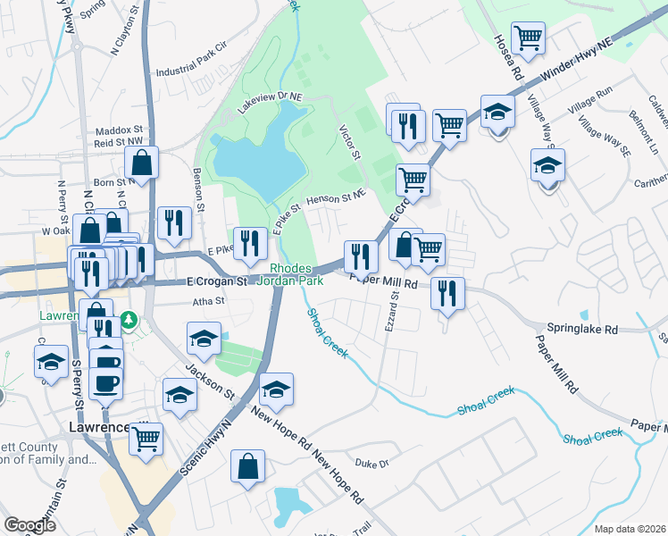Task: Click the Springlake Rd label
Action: (x=584, y=329)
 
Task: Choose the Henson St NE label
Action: (x=336, y=197)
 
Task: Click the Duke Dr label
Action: (x=372, y=464)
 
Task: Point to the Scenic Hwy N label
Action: (x=206, y=442)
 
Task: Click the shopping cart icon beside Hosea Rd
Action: (x=529, y=38)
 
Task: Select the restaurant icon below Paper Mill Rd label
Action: (x=447, y=293)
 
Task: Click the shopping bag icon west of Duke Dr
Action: (x=247, y=466)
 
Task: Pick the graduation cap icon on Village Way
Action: (x=547, y=165)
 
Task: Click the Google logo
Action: (x=30, y=525)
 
